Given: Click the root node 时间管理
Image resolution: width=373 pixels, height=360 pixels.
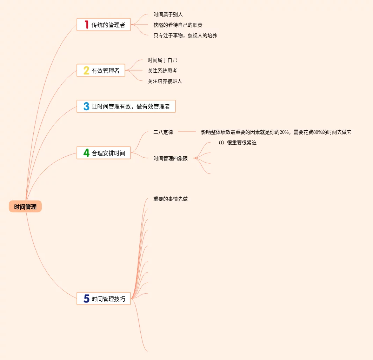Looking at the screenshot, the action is [x=25, y=207].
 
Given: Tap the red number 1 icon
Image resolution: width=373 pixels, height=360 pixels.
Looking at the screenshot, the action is [x=86, y=25].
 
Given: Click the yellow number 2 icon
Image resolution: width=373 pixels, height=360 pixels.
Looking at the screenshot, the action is [x=86, y=71].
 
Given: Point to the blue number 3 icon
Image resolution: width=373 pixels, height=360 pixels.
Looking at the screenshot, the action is [x=86, y=106].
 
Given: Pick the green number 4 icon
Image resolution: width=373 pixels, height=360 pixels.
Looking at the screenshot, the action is [x=86, y=153].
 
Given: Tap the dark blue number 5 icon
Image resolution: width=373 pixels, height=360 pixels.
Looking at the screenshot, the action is [x=86, y=299].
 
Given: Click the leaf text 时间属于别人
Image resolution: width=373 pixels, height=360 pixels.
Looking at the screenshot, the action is [x=168, y=14].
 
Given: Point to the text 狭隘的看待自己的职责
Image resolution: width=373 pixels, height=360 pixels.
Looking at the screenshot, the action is [x=178, y=25].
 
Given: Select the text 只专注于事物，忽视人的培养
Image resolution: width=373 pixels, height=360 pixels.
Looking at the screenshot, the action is [x=185, y=35].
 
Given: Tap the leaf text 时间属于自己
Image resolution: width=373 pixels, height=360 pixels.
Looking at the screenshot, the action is [x=162, y=60].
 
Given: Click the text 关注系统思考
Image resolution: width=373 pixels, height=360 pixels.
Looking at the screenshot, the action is [x=162, y=71].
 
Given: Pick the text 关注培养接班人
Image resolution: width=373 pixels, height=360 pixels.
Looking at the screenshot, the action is [x=165, y=81].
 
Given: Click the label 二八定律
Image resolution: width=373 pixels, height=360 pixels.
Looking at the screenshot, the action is [x=163, y=132].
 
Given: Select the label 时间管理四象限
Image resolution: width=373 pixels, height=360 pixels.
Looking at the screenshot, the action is [x=171, y=158].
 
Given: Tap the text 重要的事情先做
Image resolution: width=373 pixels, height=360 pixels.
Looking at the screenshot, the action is [x=171, y=199].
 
